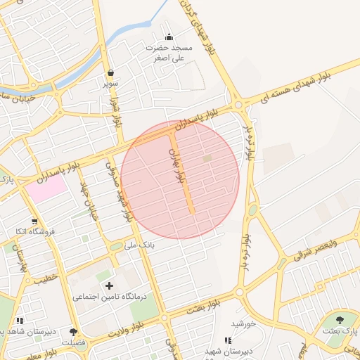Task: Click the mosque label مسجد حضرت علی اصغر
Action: pos(168,53)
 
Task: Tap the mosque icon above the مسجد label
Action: pos(168,37)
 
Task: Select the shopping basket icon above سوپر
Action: pos(111,72)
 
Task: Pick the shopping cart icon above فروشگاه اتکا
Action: pos(34,221)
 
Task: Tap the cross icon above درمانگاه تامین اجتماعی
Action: pos(109,285)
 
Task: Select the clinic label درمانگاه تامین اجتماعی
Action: pos(110,297)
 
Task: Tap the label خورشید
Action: pos(242,323)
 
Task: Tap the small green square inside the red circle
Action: pos(207,159)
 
